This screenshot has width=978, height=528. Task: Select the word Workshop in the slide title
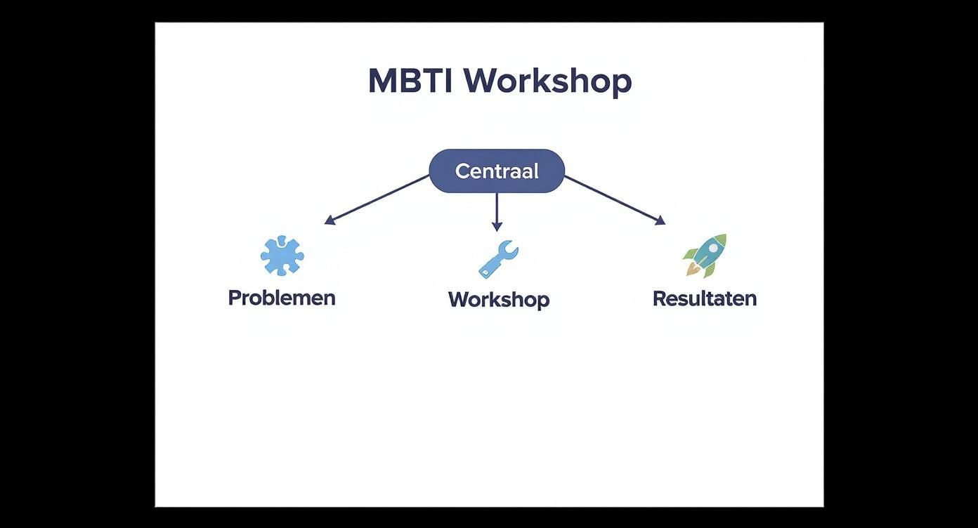(547, 81)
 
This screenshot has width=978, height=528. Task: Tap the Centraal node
(497, 171)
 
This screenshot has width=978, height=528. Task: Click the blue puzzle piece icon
(282, 256)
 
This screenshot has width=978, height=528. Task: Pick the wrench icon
(498, 258)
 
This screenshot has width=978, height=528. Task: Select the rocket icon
(705, 255)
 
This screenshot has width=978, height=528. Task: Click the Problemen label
(282, 298)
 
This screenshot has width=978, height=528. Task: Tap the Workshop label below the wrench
(499, 300)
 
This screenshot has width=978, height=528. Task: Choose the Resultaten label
(705, 298)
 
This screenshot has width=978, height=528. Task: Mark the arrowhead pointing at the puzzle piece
(329, 220)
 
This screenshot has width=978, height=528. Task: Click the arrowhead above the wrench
(497, 226)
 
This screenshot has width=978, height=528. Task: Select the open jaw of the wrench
(511, 246)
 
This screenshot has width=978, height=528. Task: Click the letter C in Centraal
(462, 171)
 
